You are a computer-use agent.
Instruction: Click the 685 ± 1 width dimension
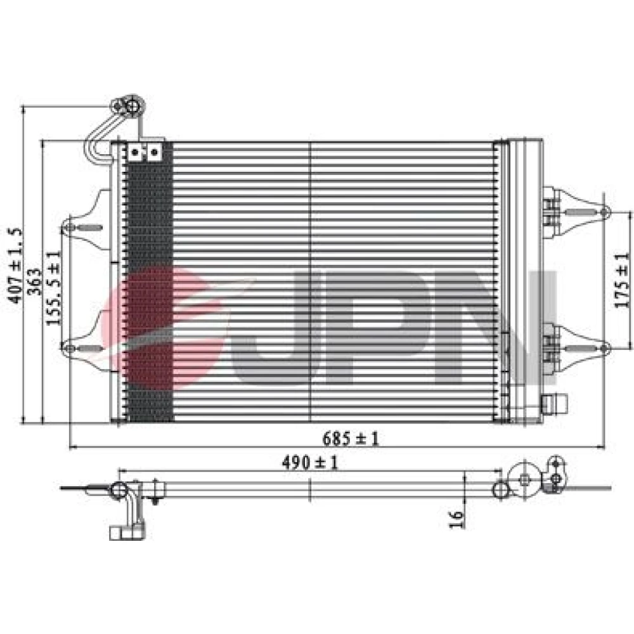tap(350, 438)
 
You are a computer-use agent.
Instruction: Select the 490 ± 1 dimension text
tap(309, 462)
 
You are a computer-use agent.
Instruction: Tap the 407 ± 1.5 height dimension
tap(16, 265)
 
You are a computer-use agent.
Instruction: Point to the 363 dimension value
tap(35, 281)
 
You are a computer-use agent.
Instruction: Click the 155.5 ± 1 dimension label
tap(53, 288)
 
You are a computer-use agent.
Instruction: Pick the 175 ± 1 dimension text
tap(623, 280)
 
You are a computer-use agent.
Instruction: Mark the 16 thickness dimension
tap(456, 519)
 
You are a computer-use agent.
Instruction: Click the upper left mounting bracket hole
tap(70, 227)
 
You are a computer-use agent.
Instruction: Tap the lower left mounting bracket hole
tap(70, 348)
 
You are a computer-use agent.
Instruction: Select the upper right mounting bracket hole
tap(604, 212)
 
